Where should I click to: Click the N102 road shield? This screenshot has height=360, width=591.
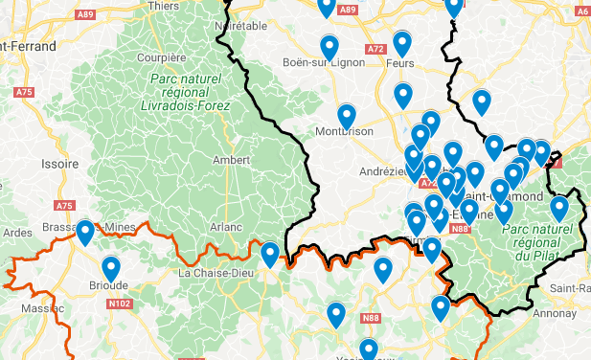120,304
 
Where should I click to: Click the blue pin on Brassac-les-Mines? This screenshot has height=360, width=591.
85,233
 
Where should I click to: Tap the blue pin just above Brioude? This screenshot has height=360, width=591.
111,269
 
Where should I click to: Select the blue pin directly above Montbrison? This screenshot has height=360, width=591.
346,116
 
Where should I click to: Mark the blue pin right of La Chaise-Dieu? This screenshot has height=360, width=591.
270,255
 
